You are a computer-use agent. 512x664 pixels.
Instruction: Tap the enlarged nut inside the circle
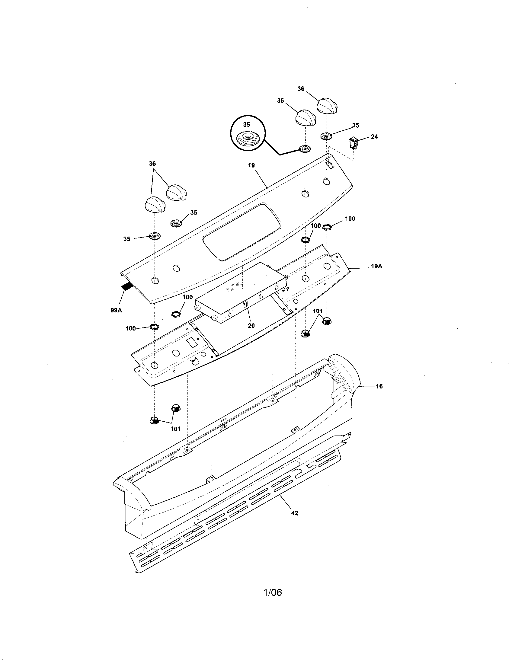(247, 139)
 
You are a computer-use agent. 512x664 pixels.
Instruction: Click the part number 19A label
(376, 266)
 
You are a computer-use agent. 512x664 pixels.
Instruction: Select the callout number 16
(379, 386)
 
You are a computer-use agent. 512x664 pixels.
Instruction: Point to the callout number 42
(294, 513)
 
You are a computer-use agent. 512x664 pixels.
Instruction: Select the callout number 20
(251, 326)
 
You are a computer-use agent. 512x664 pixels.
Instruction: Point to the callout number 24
(374, 137)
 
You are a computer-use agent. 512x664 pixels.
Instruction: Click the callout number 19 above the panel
(251, 165)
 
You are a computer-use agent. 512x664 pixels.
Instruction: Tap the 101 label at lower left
(175, 429)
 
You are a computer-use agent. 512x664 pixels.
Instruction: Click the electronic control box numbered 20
(240, 292)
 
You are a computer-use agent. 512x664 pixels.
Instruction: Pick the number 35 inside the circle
(247, 125)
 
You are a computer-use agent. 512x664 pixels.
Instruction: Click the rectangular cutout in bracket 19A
(191, 343)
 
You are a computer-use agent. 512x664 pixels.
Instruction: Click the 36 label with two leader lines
(152, 164)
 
